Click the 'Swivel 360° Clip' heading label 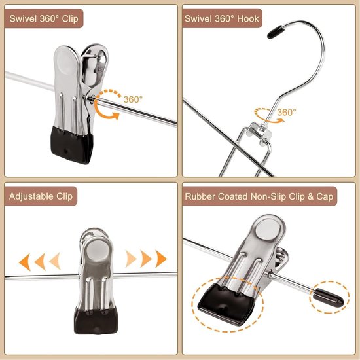44,18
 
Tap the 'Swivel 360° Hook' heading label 221,18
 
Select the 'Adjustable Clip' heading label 41,196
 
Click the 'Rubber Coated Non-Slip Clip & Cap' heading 259,196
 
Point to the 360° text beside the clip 133,99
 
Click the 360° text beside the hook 287,113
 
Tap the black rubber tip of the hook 275,32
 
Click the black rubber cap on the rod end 329,298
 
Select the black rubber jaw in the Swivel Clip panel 71,145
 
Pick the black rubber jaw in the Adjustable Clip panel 96,321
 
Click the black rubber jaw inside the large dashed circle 226,304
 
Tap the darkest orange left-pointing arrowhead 25,262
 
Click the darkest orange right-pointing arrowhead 161,259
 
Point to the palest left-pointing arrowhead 55,261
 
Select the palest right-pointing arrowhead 131,259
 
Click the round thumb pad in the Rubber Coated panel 268,230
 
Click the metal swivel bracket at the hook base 261,133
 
